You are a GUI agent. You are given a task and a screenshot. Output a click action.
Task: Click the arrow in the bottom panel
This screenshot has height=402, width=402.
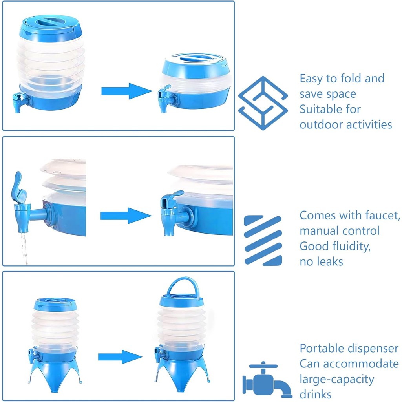120,357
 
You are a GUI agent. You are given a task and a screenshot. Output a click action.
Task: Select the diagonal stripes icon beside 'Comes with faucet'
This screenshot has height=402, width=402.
263,239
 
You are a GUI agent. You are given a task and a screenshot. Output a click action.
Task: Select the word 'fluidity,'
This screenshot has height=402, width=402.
350,246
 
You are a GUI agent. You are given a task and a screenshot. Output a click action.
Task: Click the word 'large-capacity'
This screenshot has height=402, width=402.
337,379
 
